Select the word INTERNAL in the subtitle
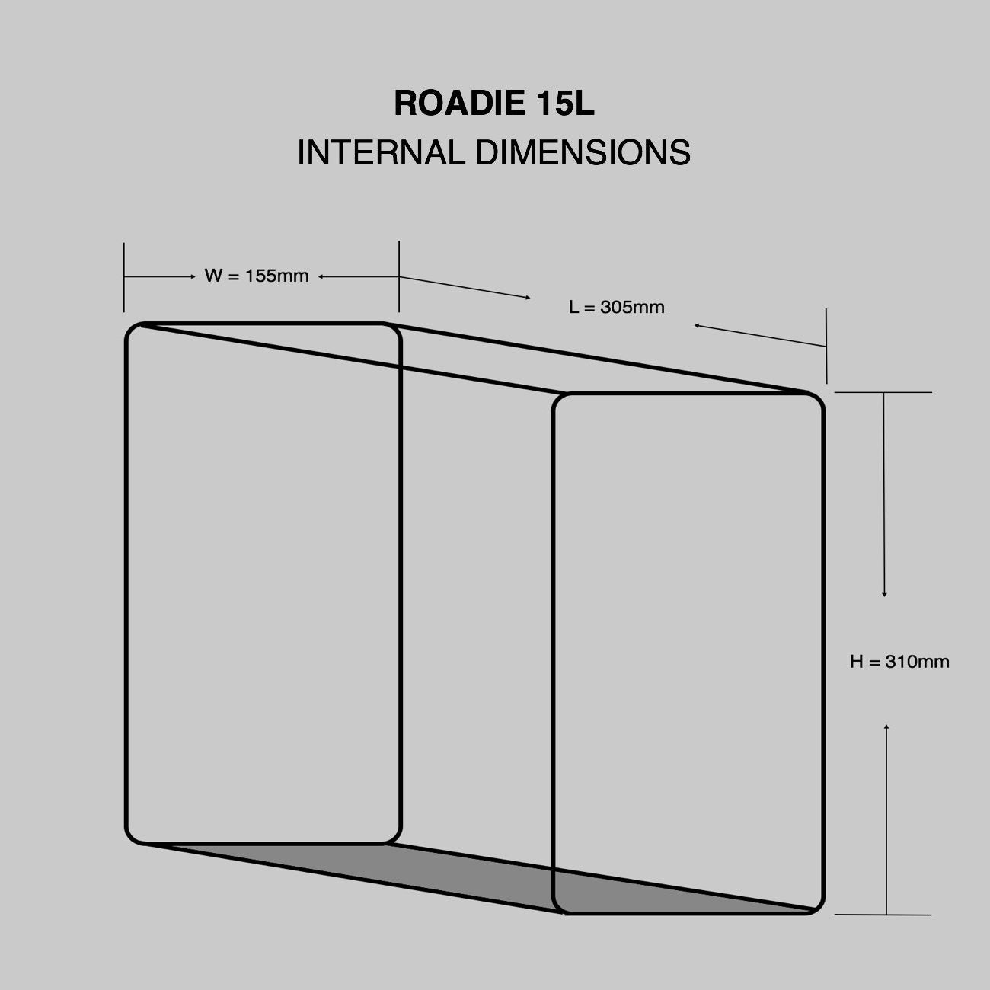pos(380,152)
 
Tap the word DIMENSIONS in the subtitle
pos(583,152)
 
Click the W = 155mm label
pos(257,276)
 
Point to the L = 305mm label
pos(617,308)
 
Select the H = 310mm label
pos(899,662)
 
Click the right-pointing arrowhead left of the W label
pos(193,277)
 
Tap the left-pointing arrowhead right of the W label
pos(321,277)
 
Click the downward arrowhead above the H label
pos(884,593)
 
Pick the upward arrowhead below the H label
pos(886,729)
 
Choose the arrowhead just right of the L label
pos(697,326)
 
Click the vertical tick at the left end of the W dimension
pos(124,277)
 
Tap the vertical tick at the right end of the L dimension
pos(826,346)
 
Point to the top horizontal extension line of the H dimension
pos(883,392)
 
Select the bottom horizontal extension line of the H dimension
pos(883,914)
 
